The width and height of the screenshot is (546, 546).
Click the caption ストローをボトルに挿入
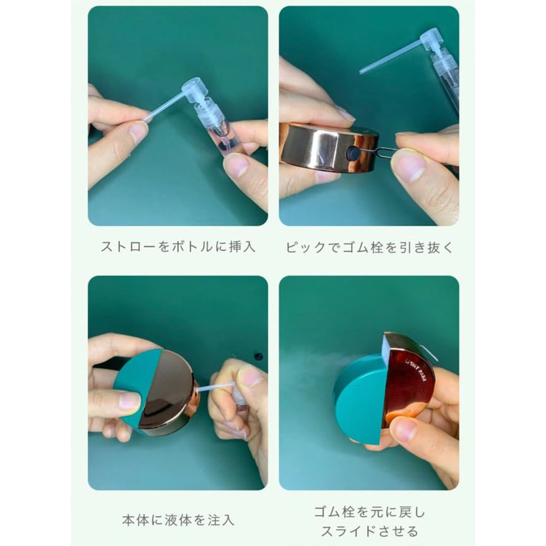pos(178,247)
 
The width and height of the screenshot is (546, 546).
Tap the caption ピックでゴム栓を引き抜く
pos(370,247)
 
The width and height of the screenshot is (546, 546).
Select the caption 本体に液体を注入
pos(178,520)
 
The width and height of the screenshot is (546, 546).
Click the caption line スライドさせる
pos(370,531)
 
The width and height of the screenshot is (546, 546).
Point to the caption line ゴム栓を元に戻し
pos(370,512)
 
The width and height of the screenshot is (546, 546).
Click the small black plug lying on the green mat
pos(258,356)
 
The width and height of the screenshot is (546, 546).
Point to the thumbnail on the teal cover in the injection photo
pos(129,400)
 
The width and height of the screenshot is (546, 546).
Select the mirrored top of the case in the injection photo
pos(164,390)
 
